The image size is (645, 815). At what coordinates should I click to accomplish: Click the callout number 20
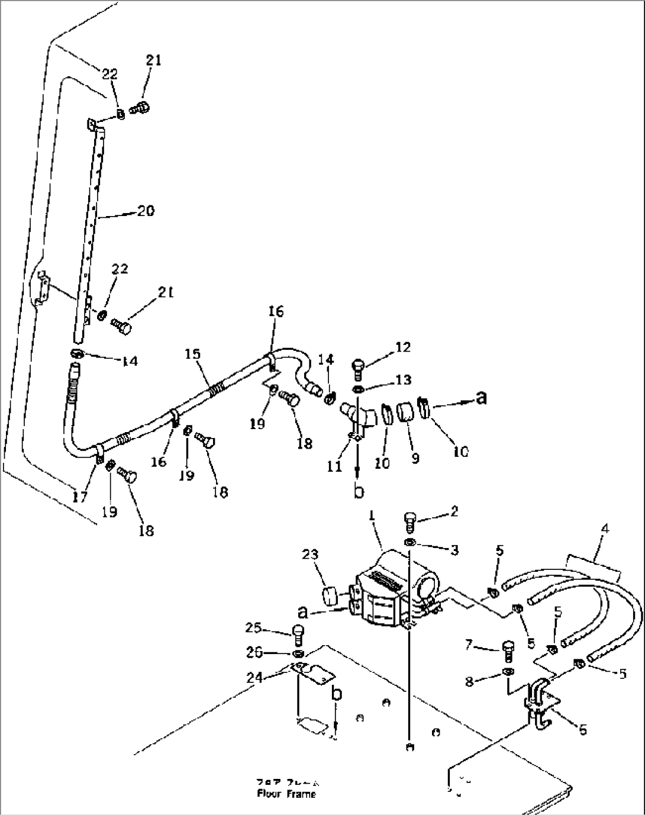(146, 210)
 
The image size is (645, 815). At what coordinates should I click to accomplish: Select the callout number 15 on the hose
(192, 354)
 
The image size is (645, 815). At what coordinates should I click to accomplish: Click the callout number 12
(402, 347)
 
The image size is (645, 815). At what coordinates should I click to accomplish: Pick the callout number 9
(415, 458)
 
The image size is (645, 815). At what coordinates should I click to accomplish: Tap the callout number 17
(80, 498)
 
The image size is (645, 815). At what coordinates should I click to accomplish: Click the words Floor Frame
(286, 794)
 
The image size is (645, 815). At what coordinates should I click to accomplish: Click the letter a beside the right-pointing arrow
(482, 398)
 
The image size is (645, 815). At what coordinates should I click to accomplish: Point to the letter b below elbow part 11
(359, 491)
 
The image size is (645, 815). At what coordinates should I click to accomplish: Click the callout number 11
(335, 466)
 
